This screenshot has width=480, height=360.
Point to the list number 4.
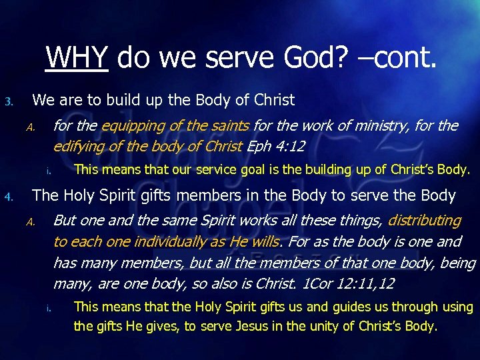[8, 197]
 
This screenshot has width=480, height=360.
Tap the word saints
[227, 125]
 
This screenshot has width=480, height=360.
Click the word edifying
[78, 146]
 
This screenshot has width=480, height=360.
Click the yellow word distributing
[424, 220]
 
